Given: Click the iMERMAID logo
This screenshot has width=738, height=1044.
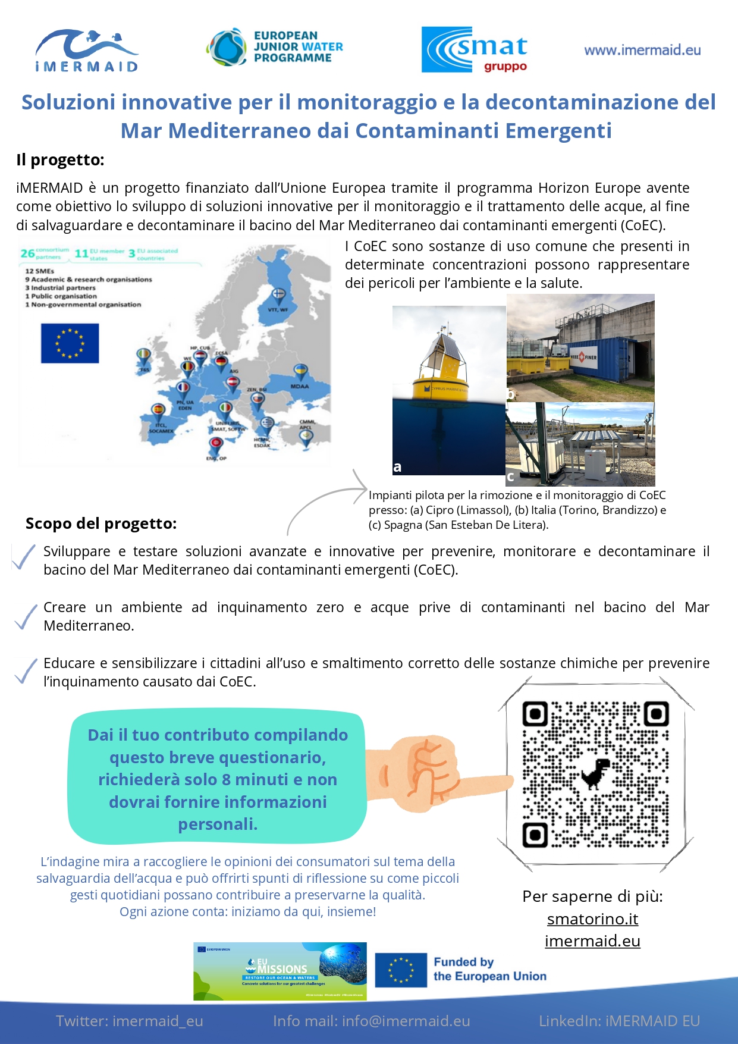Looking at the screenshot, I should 87,51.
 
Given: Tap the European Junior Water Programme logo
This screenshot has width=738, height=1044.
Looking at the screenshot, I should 275,47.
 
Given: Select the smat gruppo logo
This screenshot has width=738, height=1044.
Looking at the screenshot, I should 475,50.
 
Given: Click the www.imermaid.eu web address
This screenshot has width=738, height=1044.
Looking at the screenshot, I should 642,51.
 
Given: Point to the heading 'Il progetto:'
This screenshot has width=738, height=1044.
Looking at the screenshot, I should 60,160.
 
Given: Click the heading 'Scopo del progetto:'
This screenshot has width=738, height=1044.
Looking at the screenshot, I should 101,523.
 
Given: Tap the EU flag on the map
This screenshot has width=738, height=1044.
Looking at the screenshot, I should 70,343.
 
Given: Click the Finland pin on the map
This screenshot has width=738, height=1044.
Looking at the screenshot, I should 278,294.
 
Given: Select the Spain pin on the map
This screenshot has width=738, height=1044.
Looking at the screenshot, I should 158,410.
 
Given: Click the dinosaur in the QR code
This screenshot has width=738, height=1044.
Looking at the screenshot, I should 595,773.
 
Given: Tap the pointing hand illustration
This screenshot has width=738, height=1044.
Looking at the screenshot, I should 440,773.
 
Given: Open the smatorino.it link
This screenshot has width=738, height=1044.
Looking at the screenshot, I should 592,919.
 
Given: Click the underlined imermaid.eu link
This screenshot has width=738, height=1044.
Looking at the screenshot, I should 592,941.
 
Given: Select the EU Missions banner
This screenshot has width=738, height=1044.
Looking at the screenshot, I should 280,971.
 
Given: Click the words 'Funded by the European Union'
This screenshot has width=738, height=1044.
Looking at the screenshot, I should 489,969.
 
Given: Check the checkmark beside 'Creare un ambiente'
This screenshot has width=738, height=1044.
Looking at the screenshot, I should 26,617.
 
